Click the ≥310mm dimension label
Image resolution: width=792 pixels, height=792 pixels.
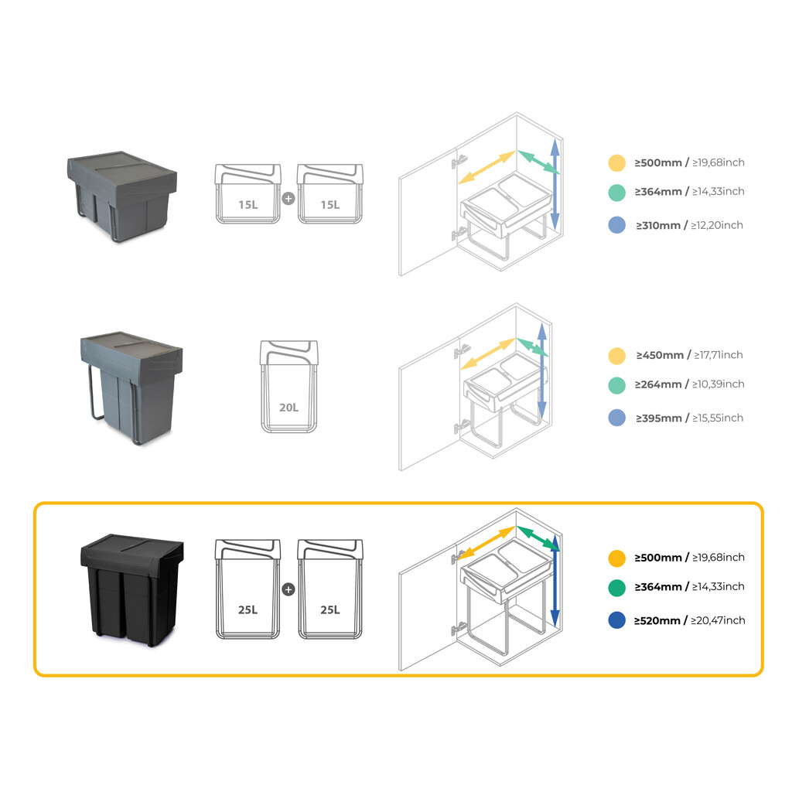[x=658, y=225]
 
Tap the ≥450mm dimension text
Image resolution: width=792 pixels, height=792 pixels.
[x=660, y=355]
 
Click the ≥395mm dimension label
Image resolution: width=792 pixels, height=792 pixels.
[x=659, y=418]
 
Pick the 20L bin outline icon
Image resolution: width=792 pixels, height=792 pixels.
[x=289, y=386]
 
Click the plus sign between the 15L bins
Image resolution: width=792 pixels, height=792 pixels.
[x=288, y=198]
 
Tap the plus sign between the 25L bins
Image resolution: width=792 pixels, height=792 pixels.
[x=288, y=589]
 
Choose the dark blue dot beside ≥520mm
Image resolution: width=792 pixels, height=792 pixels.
[x=616, y=620]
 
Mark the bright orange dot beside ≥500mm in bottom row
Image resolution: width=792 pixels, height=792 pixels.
[x=616, y=558]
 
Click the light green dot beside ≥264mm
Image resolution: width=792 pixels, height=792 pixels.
[x=616, y=384]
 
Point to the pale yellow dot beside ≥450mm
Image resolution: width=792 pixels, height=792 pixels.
[x=616, y=356]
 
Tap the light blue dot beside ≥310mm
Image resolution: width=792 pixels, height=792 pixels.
[x=616, y=225]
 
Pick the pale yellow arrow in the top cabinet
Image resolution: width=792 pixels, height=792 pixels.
[x=486, y=167]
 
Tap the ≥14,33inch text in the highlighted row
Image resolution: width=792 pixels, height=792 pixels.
[x=716, y=587]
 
